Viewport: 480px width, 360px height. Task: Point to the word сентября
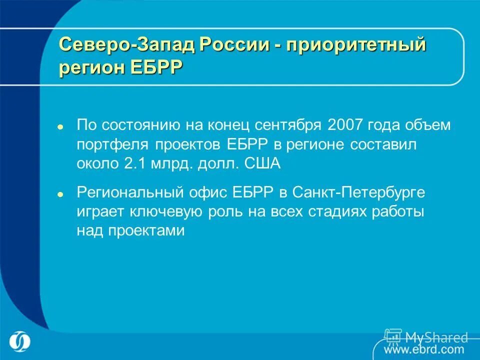[287, 125]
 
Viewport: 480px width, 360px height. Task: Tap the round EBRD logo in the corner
[19, 341]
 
